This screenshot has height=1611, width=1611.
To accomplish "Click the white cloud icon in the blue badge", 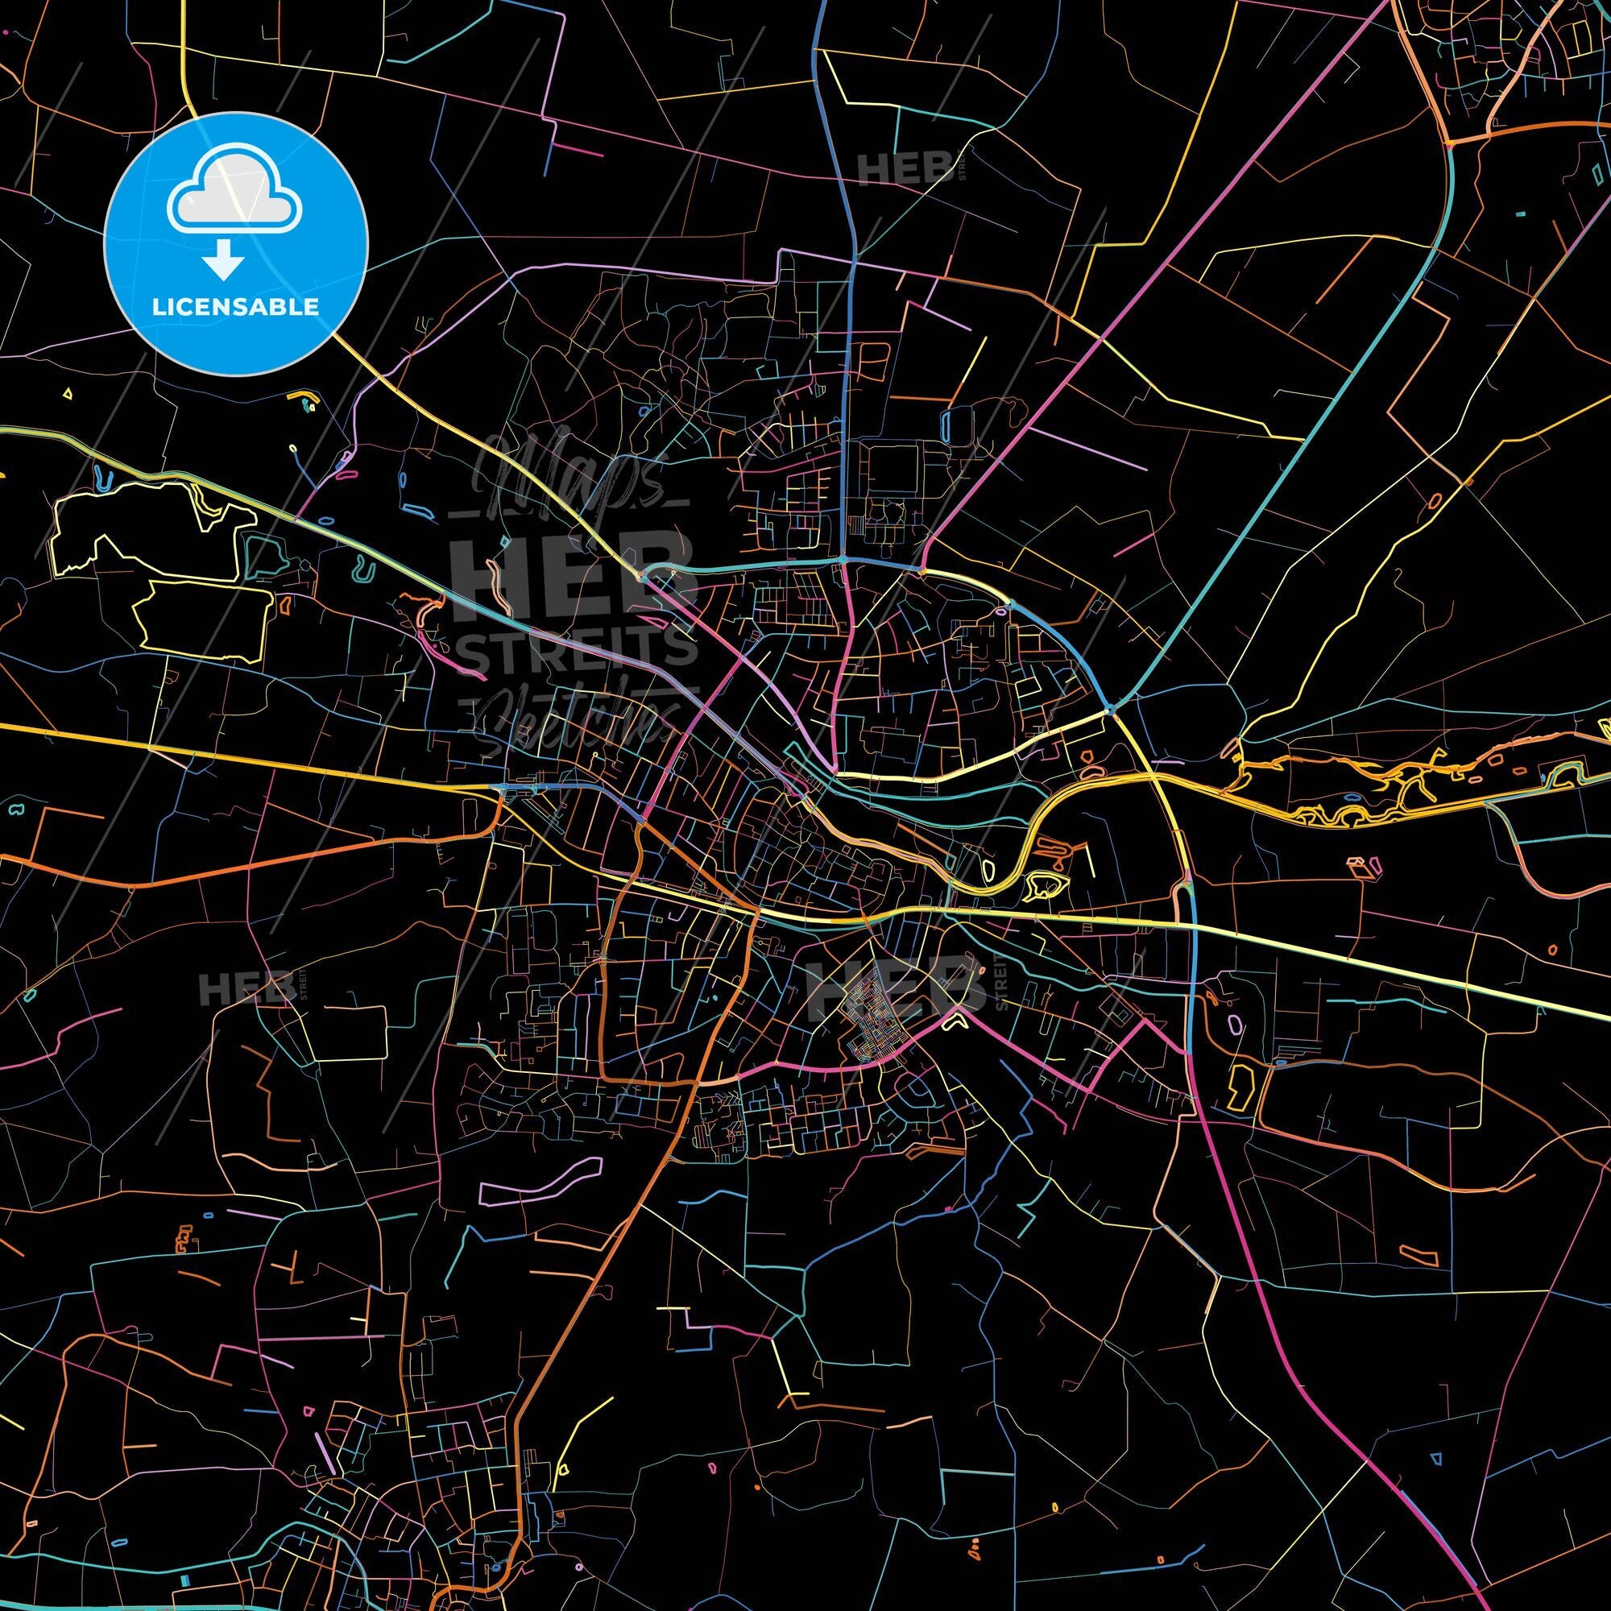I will pos(234,194).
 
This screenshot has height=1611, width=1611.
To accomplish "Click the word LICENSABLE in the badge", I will pos(234,306).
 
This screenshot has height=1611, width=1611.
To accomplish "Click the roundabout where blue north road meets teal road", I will pos(845,559).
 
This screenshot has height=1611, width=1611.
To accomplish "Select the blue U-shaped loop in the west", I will pos(103,478).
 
